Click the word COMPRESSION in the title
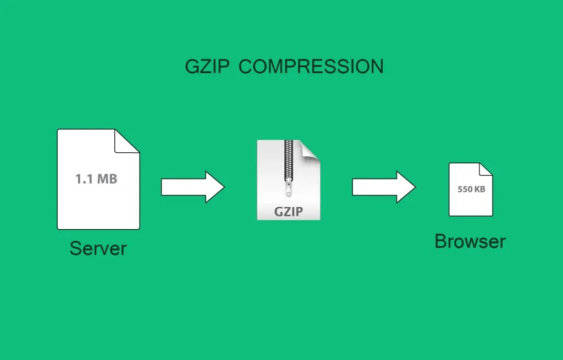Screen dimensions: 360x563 311,67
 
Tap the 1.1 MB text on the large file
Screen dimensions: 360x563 96,179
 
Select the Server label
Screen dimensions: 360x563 98,248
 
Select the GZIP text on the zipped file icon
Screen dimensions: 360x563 289,212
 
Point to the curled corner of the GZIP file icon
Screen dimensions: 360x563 311,149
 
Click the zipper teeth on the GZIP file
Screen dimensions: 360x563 288,159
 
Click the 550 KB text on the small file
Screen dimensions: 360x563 471,189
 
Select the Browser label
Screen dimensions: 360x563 470,241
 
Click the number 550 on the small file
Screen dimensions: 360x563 465,189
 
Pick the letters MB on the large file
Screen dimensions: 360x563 107,179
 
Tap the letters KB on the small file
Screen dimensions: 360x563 479,189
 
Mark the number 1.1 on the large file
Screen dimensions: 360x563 84,179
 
